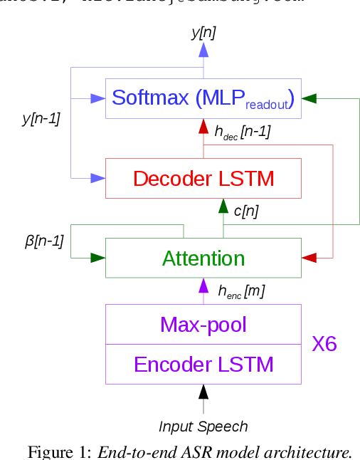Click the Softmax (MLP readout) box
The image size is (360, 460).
203,98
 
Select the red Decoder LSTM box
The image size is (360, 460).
203,178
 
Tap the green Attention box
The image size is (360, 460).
203,258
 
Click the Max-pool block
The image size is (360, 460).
203,325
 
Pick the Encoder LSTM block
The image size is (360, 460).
203,364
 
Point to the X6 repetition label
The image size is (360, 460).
324,345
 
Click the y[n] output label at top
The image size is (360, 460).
203,31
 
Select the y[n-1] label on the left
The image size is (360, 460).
41,119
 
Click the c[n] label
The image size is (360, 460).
245,211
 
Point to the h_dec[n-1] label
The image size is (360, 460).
242,132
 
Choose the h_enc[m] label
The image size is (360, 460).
242,291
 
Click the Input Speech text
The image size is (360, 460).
203,427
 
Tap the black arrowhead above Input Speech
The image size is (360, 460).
203,391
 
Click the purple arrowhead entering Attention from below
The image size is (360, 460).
203,285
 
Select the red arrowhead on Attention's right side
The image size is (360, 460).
308,257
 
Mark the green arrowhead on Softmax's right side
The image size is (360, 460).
308,98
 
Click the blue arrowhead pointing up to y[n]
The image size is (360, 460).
203,49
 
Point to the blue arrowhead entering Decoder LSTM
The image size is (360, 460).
98,178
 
